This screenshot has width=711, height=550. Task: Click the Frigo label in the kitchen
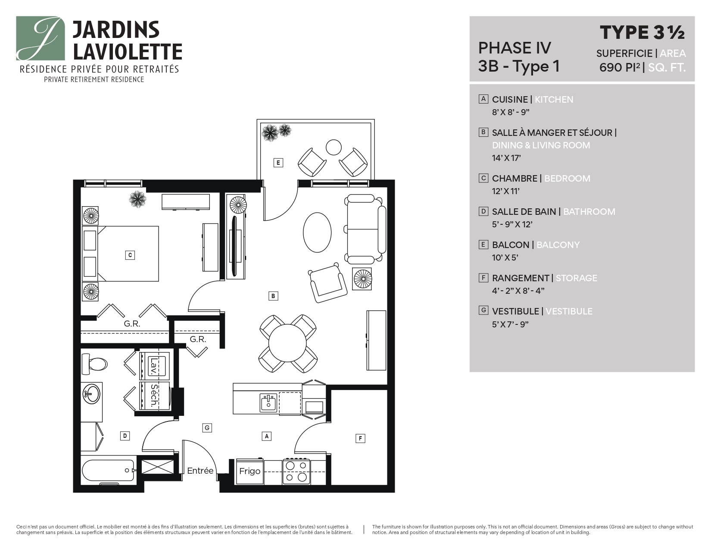250,471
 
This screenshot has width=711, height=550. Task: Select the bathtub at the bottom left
108,471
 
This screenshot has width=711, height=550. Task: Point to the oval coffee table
317,233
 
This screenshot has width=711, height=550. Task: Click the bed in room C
128,254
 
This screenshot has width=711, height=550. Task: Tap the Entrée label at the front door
200,471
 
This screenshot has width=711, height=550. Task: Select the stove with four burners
296,471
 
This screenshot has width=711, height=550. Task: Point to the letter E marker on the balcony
278,163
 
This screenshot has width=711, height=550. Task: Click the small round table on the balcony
334,147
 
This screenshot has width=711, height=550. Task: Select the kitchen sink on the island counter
268,403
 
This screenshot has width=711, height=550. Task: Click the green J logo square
41,38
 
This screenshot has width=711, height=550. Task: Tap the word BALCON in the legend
510,245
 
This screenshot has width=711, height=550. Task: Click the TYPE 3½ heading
642,33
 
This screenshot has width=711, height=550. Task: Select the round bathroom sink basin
92,394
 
